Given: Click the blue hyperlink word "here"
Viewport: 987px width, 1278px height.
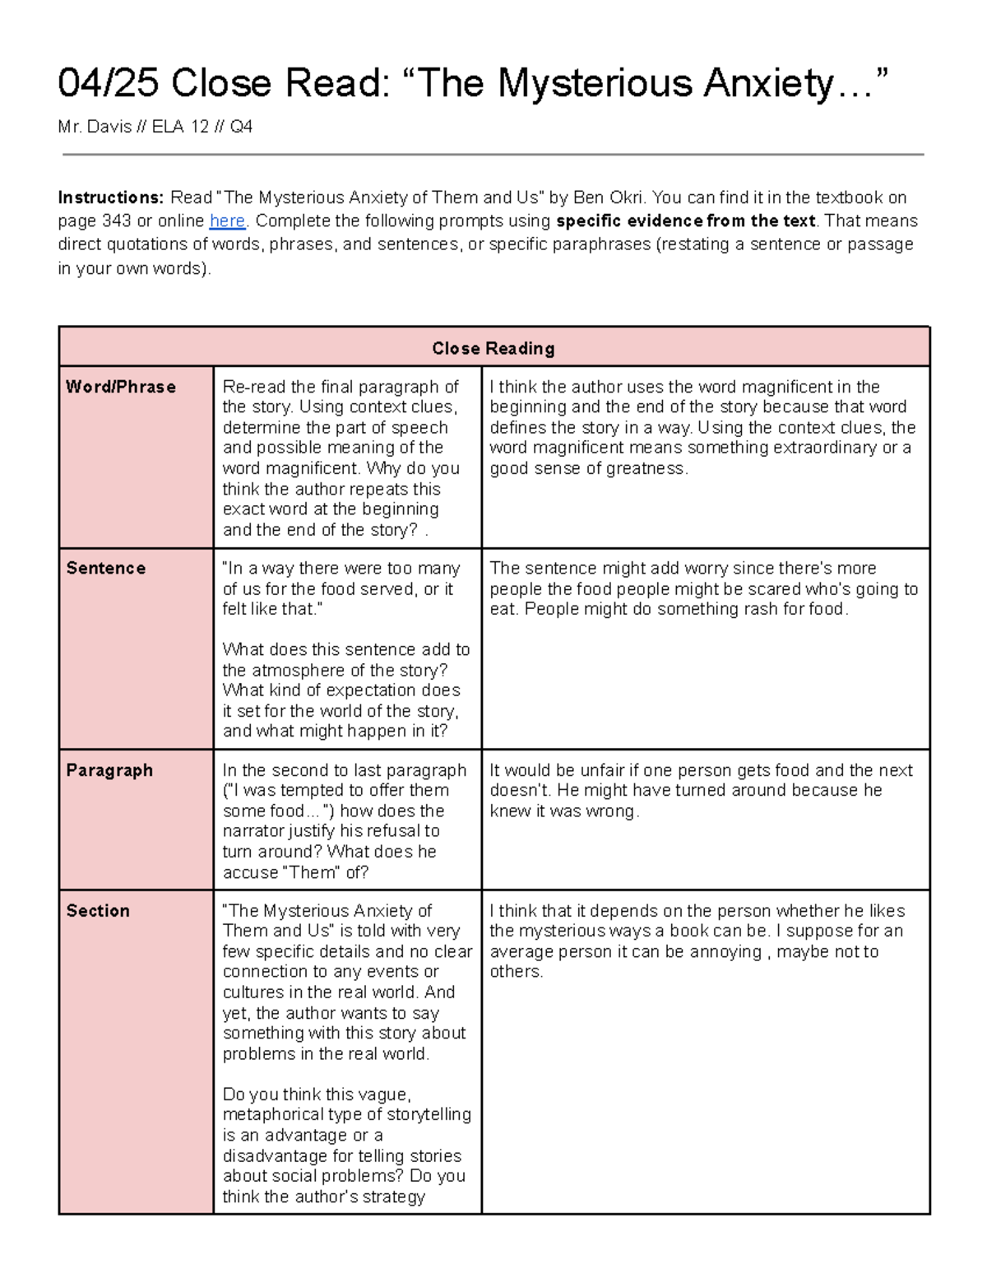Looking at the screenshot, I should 227,221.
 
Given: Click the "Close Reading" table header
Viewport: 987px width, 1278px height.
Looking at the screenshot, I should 493,348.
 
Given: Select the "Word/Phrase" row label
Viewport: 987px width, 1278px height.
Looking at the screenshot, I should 121,387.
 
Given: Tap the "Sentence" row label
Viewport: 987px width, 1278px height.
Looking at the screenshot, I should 106,568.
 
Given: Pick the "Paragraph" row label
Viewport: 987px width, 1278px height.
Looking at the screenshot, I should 109,770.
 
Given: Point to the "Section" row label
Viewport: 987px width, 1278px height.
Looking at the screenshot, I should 98,911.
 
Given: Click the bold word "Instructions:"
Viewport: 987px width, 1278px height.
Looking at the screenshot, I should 111,198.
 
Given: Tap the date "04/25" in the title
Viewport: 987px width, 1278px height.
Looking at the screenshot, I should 109,84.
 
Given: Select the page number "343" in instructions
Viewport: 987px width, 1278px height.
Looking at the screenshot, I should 116,221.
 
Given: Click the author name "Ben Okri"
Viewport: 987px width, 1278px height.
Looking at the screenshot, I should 609,198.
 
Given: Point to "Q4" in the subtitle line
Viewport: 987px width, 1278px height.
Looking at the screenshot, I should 241,127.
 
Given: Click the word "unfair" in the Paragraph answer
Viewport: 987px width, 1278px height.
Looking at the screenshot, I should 602,770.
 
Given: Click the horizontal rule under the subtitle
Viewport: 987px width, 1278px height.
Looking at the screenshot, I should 493,154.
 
